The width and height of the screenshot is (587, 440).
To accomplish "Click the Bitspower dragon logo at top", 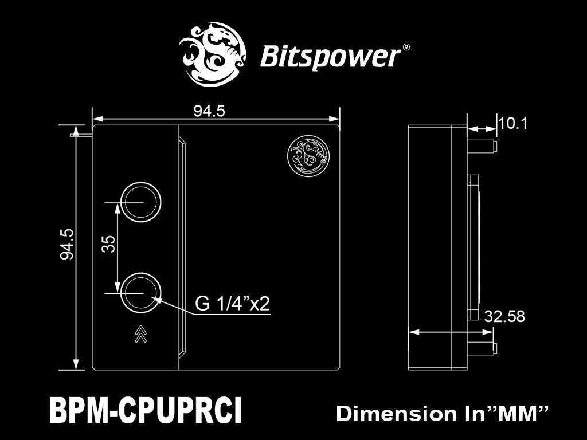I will click(213, 54).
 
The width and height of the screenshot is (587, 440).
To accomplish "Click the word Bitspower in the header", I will click(330, 57).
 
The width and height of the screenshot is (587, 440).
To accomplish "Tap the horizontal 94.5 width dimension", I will click(209, 112).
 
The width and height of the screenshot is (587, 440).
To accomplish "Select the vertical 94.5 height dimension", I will click(67, 244).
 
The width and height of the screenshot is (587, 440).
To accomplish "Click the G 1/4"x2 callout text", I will click(232, 304).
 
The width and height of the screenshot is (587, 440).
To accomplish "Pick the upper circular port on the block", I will click(140, 202).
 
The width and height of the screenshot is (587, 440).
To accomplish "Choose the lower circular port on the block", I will click(140, 293).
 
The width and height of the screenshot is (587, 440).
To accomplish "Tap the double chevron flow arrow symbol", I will click(140, 333).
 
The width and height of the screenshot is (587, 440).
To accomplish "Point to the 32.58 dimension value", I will click(504, 316).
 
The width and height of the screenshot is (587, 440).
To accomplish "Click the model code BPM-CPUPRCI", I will click(146, 411).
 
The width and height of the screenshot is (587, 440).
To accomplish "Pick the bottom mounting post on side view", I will click(482, 348).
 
